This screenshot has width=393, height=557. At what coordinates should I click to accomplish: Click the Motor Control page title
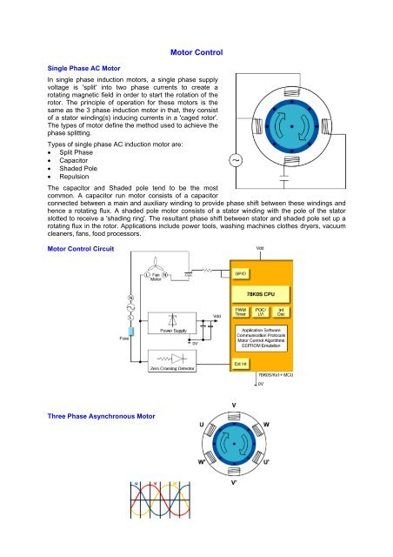coord(198,54)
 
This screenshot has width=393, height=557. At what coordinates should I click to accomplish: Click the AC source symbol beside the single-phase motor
coord(235,160)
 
